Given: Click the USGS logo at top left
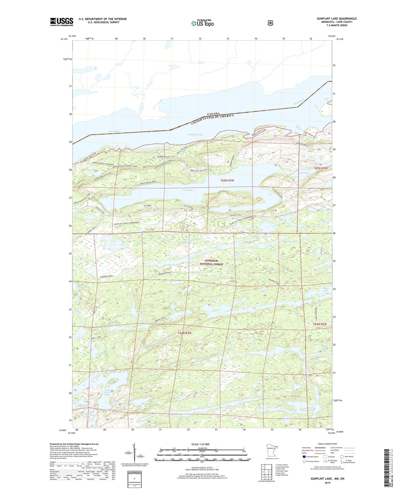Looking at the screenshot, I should [x=62, y=22].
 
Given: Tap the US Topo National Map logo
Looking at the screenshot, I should [x=202, y=23].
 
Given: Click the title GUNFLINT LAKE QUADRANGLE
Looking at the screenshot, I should [x=337, y=19].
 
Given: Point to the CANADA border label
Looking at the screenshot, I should [x=213, y=114].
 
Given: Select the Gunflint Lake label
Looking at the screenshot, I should [x=196, y=135].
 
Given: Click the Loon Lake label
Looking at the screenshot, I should [x=187, y=190].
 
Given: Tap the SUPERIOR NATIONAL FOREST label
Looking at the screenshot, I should [x=211, y=262].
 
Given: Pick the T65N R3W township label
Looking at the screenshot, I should [x=227, y=180].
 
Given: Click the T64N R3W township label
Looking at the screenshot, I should [x=185, y=333].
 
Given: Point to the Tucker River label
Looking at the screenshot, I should [x=194, y=240].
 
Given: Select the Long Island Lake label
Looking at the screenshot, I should [x=107, y=392].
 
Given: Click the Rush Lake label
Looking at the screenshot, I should [x=326, y=289].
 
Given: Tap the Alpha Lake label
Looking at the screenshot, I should [x=325, y=348].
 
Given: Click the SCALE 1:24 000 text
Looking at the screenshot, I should [x=200, y=444].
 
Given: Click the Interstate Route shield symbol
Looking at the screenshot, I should [x=304, y=457].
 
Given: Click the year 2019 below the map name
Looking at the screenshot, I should [x=327, y=483].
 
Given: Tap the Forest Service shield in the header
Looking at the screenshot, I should [x=270, y=23].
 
